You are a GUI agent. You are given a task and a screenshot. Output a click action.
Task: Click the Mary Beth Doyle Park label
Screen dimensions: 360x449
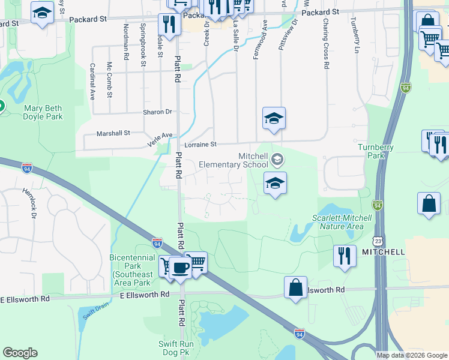(x=43, y=113)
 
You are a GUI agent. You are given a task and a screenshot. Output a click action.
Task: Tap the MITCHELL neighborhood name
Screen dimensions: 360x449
(x=383, y=253)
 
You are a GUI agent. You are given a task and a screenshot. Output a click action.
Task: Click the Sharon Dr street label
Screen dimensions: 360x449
(x=157, y=112)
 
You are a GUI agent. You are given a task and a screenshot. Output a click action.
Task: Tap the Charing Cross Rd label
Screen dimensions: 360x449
(x=325, y=44)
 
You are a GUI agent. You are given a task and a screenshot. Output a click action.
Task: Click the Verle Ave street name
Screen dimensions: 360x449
(x=160, y=140)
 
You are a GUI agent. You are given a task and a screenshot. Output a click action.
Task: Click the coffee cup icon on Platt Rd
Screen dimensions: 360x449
(x=180, y=267)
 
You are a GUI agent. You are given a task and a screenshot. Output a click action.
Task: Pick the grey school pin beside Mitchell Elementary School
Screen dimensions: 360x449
(x=277, y=159)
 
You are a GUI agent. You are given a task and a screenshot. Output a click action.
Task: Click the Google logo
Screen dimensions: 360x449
(x=20, y=353)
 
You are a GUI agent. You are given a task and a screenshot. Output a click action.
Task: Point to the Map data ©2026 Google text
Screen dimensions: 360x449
(x=412, y=355)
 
